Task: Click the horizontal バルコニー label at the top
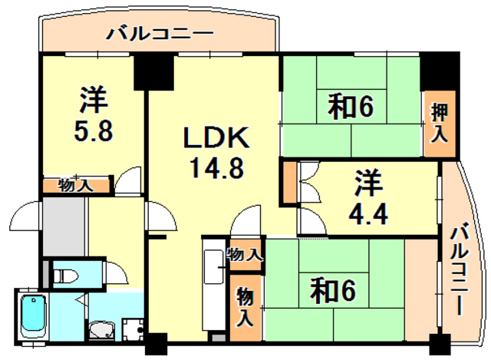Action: [160, 33]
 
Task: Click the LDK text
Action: [215, 140]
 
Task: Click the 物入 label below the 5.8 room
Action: [77, 185]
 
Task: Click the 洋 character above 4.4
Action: [368, 185]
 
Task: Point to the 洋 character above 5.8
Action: [93, 101]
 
